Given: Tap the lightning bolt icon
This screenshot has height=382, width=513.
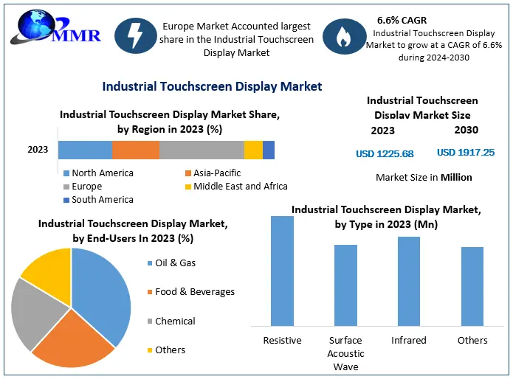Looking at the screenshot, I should coord(135,37).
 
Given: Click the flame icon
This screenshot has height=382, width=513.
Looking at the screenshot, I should coord(344,37).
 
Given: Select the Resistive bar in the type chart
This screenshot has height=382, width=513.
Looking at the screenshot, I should coord(282,271).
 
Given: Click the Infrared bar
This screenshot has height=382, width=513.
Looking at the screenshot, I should coord(409,281).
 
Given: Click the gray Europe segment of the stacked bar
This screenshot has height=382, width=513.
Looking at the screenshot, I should coord(202,150).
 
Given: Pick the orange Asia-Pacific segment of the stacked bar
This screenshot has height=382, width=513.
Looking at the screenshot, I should coord(136,150).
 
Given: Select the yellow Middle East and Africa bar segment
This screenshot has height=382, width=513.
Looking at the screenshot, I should coord(253,150).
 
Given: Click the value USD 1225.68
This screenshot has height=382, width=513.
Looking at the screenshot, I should coord(385,153).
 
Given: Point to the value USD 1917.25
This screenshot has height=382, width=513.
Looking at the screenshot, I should coord(466,153).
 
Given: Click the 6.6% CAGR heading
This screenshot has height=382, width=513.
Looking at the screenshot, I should coord(403,20).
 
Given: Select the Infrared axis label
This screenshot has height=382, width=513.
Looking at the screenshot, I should coord(409,340).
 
